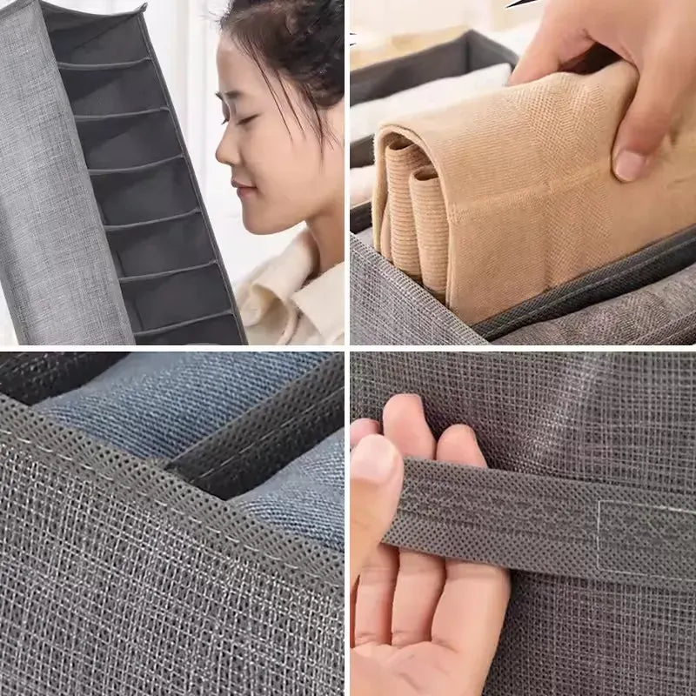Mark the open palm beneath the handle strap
(x=435, y=609)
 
